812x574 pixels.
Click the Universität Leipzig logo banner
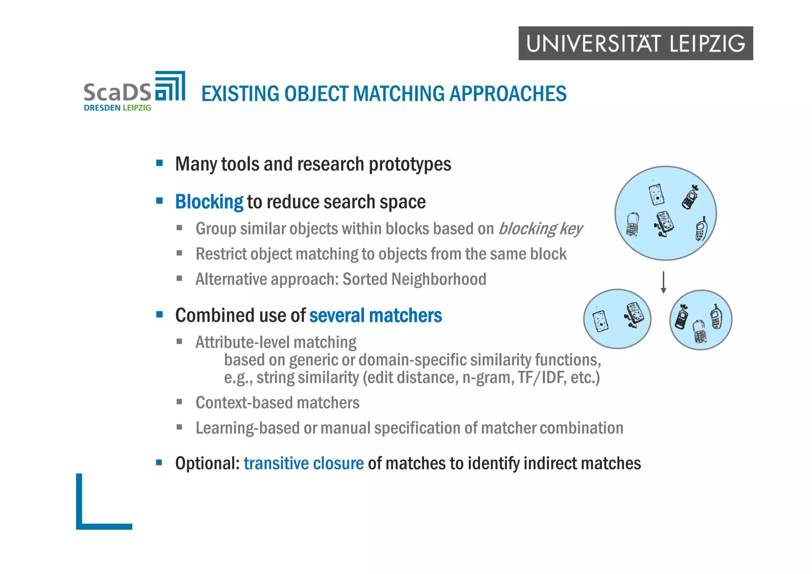point(636,43)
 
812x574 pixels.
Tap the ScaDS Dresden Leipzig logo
point(134,92)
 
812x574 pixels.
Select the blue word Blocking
point(209,202)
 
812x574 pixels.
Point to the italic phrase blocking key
point(540,229)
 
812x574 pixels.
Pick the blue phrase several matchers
point(375,316)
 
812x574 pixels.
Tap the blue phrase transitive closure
point(304,463)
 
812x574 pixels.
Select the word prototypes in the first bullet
point(410,164)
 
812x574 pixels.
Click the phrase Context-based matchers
point(278,403)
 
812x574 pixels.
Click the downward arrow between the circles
point(663,282)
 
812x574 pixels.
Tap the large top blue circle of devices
point(666,213)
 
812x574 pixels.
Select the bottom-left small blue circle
point(617,319)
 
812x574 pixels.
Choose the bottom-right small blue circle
point(701,320)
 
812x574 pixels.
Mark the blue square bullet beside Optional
point(159,462)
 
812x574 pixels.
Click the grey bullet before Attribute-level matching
point(180,341)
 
